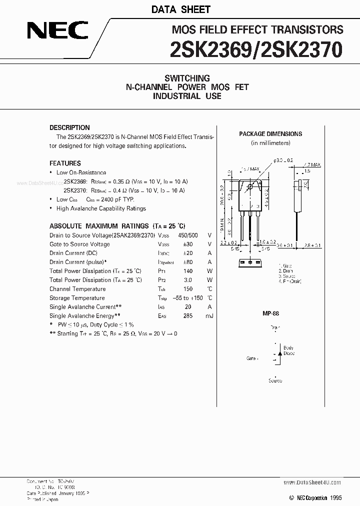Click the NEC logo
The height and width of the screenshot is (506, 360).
pyautogui.click(x=57, y=32)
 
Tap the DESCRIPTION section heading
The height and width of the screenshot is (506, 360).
pyautogui.click(x=69, y=127)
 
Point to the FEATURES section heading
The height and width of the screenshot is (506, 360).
pyautogui.click(x=65, y=163)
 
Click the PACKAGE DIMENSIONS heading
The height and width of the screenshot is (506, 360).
pyautogui.click(x=270, y=134)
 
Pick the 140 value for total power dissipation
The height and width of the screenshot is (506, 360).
pyautogui.click(x=187, y=271)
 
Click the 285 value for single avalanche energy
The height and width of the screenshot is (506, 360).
pyautogui.click(x=187, y=315)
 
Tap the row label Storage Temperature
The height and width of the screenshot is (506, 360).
pyautogui.click(x=77, y=298)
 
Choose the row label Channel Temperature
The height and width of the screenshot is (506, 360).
pyautogui.click(x=77, y=289)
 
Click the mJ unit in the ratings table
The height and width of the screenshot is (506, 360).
pyautogui.click(x=209, y=315)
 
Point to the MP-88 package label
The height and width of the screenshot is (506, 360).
pyautogui.click(x=270, y=313)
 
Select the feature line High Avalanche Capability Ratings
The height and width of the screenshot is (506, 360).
pyautogui.click(x=101, y=208)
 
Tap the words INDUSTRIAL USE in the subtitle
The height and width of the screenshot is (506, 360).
pyautogui.click(x=187, y=96)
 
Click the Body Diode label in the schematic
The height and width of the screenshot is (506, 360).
pyautogui.click(x=288, y=350)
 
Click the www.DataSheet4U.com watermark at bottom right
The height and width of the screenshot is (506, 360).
pyautogui.click(x=312, y=482)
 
